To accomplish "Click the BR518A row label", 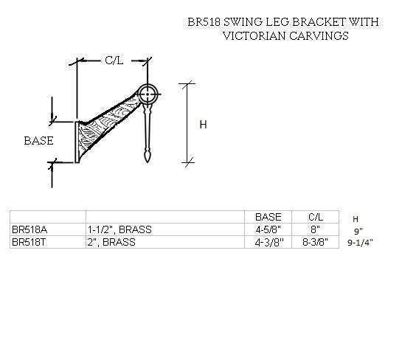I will (27, 229).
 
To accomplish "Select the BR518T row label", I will (27, 242).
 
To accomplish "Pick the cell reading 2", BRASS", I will (111, 242).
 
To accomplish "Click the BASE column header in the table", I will (268, 217).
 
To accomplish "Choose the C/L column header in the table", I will (315, 217).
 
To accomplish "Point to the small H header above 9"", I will (356, 219).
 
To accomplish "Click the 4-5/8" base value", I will (268, 229).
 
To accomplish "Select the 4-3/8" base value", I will (268, 242).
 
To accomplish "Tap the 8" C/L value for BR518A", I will (315, 229).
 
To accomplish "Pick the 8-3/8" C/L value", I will (315, 242).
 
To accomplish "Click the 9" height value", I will (358, 231).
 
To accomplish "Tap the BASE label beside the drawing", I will (38, 140).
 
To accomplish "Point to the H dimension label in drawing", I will (204, 125).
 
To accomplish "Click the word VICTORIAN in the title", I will (255, 35).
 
